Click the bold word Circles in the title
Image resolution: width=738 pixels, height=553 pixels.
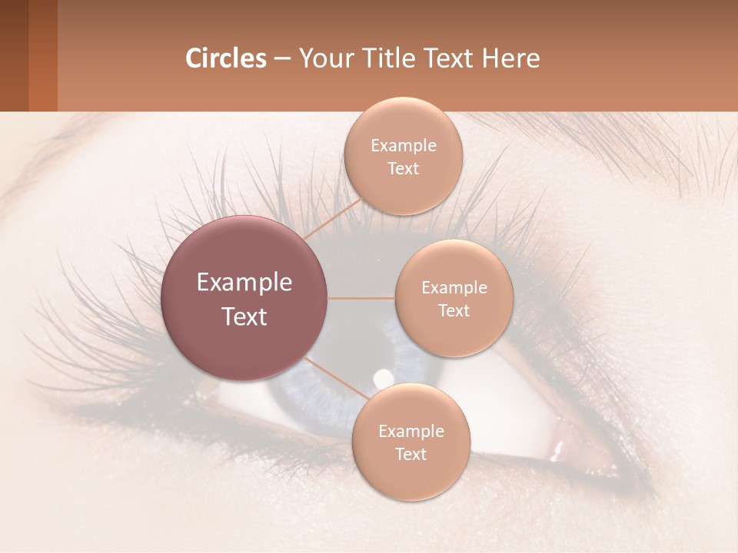225,58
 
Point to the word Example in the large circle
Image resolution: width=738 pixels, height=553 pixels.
244,283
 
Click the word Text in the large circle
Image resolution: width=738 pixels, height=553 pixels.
244,316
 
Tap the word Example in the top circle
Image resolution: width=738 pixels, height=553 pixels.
403,146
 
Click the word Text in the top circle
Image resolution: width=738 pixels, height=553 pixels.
403,168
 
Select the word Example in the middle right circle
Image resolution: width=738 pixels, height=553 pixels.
454,288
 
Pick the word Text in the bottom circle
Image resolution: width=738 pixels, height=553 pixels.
411,454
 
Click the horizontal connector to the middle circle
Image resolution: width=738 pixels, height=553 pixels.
361,298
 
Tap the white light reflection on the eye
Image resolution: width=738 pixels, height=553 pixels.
381,377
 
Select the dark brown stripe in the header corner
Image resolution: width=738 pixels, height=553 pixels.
14,55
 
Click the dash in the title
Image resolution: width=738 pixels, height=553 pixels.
281,59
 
